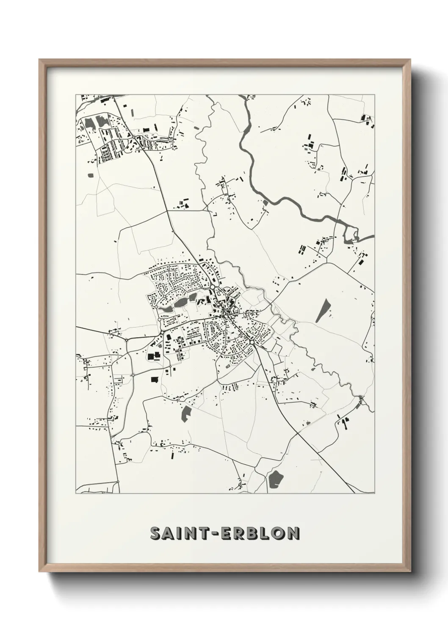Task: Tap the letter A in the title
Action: tap(169, 533)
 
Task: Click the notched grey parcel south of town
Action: tap(185, 413)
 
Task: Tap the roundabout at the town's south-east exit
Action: tap(252, 341)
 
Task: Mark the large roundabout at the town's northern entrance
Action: tap(212, 287)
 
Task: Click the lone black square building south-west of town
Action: tap(154, 380)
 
